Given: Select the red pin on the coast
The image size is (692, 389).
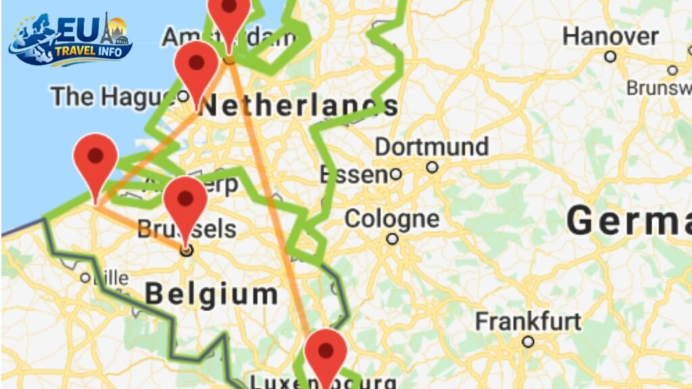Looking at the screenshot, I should pos(95,158).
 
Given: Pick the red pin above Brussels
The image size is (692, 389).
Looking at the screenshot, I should pos(185,201).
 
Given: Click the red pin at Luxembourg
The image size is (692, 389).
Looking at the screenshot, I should pos(326,353).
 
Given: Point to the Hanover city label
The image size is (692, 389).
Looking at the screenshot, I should pos(610,36).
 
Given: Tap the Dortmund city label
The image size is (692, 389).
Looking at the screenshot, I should pos(432,147).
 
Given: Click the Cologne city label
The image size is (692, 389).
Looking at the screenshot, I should pos(391,219).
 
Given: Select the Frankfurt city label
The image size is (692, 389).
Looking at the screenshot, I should pos(528,321).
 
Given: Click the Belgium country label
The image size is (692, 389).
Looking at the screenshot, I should pos(212,294).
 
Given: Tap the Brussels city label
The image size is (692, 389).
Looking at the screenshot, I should pos(187,229).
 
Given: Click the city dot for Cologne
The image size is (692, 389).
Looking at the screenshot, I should pos(392,239).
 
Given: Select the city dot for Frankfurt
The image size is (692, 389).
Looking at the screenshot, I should pos(528,342).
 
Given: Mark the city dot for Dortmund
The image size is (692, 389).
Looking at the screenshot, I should pos(432,167).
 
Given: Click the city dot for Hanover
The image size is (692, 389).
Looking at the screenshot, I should pos(610,57).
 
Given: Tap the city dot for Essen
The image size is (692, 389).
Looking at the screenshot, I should pos(396,175).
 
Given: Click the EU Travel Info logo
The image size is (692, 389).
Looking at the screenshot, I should pos(70,39).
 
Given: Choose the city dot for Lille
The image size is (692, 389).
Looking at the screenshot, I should pos(85,278).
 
